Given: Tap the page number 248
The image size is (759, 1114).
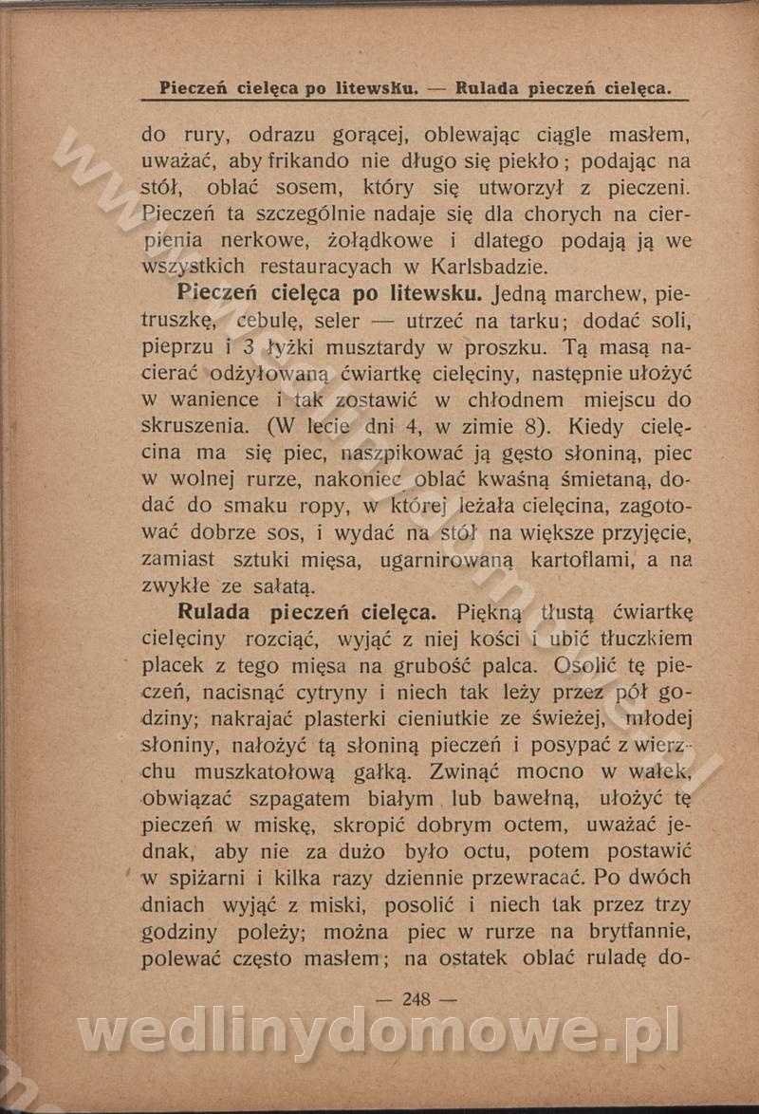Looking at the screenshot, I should [417, 998].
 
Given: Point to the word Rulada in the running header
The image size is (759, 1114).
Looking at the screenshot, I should [487, 88].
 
